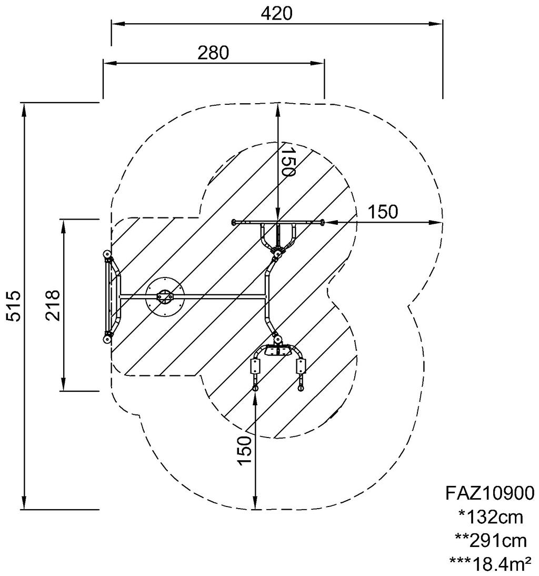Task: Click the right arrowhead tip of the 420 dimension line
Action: point(442,24)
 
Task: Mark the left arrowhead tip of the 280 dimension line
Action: point(103,63)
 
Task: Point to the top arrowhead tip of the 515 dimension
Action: point(24,103)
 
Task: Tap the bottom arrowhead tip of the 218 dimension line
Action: point(64,391)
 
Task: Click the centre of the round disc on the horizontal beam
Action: point(165,296)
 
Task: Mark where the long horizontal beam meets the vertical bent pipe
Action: point(266,295)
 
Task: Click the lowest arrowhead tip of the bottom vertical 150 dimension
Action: point(255,509)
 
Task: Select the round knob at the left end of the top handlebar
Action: point(233,222)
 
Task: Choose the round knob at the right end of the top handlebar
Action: point(322,222)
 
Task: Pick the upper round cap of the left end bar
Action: point(107,254)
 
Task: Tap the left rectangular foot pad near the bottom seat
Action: point(255,366)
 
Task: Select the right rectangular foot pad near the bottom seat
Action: point(301,366)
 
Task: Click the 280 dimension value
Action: point(213,53)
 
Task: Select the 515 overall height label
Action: point(15,306)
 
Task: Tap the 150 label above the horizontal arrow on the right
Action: point(383,212)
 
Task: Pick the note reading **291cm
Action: point(491,540)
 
